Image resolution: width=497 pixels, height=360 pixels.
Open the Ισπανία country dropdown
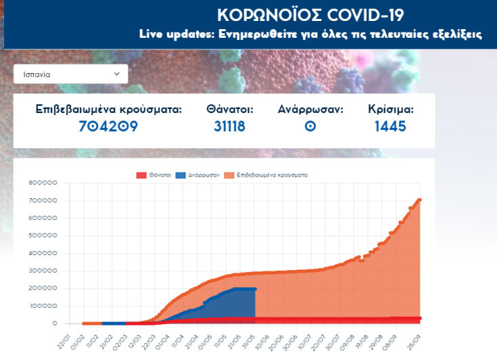click(70, 74)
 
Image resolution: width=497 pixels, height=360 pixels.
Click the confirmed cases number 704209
click(108, 126)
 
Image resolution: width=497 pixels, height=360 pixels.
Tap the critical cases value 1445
click(390, 126)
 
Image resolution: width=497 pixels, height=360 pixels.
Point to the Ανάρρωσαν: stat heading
click(311, 109)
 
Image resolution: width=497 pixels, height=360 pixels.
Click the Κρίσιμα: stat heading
click(391, 109)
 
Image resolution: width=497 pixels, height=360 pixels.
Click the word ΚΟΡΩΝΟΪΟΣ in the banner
click(263, 16)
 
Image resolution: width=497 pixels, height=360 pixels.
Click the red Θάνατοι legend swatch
click(142, 175)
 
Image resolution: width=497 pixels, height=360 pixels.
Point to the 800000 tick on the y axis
click(43, 183)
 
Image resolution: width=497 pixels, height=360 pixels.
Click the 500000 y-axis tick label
click(43, 236)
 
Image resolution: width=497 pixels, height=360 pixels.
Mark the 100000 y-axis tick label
click(43, 306)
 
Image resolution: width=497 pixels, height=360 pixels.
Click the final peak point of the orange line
click(420, 200)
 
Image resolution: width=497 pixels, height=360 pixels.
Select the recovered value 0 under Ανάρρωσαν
click(311, 126)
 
